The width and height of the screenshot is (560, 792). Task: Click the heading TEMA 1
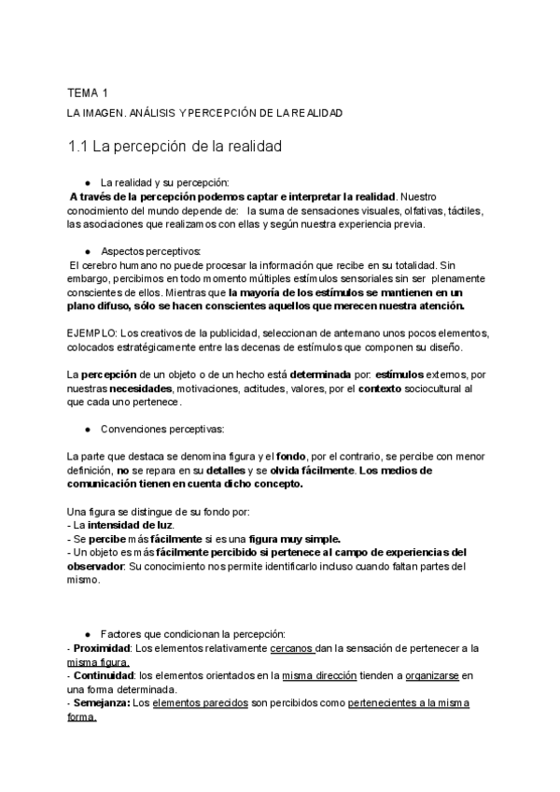click(x=88, y=92)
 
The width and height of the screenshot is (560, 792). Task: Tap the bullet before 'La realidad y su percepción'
click(x=87, y=182)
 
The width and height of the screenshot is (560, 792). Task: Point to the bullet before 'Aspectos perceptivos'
click(x=87, y=251)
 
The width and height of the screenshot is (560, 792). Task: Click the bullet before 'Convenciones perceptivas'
click(x=87, y=431)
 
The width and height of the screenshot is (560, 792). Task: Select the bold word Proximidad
click(x=102, y=648)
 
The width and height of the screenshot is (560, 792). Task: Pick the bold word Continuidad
click(x=103, y=675)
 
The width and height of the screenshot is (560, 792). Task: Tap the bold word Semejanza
click(x=102, y=703)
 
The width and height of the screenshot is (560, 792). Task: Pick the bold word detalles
click(x=253, y=471)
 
